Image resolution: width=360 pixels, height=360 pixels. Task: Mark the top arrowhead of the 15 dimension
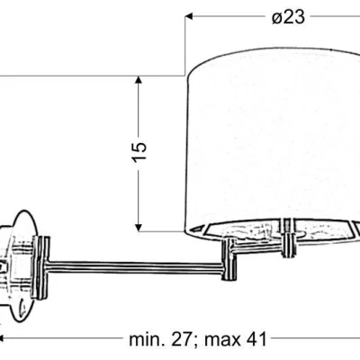tap(138, 80)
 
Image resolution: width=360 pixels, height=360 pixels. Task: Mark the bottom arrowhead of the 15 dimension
tap(138, 224)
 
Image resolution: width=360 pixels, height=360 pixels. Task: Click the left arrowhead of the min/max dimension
tap(4, 340)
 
